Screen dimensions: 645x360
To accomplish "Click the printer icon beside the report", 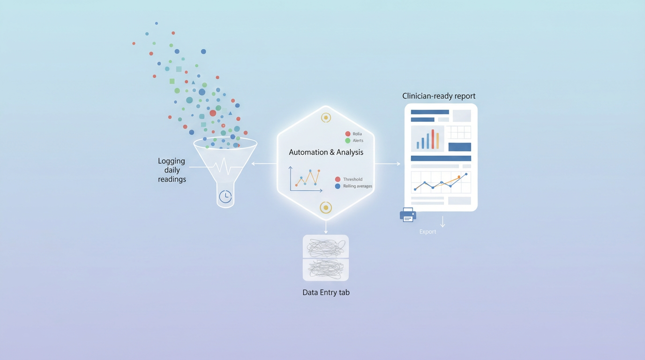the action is point(408,215).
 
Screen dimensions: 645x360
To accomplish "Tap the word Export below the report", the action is point(427,232).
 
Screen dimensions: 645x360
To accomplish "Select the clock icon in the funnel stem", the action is point(225,196).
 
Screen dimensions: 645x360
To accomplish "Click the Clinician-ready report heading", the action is point(439,96).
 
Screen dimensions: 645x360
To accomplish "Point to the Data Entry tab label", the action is point(326,292).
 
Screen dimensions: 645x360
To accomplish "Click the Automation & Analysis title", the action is point(326,152).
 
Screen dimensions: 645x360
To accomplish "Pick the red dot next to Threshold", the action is point(337,179).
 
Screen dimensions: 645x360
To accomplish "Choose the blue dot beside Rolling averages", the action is point(337,186).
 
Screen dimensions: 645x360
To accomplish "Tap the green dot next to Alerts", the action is point(347,141).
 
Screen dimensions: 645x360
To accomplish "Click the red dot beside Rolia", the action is point(347,134).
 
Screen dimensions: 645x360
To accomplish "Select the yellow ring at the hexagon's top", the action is point(326,118).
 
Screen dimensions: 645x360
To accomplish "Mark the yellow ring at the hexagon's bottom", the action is point(326,207).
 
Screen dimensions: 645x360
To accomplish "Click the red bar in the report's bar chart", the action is point(433,139).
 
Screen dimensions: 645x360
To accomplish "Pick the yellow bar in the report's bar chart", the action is point(437,141).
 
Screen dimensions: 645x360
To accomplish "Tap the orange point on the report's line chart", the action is point(459,177).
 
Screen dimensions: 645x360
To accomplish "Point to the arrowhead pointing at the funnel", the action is point(254,164).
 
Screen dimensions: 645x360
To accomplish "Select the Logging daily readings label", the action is point(172,170).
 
